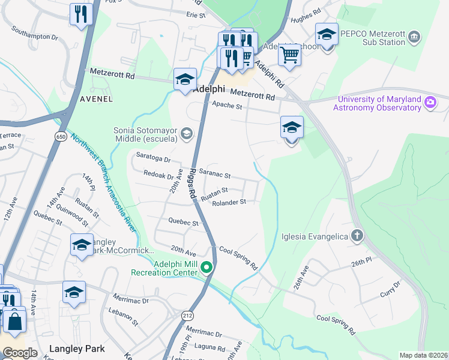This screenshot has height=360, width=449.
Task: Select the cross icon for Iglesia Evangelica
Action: [357, 236]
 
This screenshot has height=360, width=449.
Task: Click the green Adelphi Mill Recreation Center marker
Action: [206, 268]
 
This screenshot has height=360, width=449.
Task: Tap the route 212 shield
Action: [186, 314]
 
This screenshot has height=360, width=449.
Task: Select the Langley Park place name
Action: [77, 349]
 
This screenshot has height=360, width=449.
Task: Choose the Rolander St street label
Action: [229, 202]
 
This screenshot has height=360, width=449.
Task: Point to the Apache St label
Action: [227, 106]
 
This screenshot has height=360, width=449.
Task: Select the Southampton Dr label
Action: [35, 32]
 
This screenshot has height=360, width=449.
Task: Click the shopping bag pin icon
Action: [14, 320]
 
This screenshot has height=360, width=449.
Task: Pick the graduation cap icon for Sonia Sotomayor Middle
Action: [187, 133]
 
